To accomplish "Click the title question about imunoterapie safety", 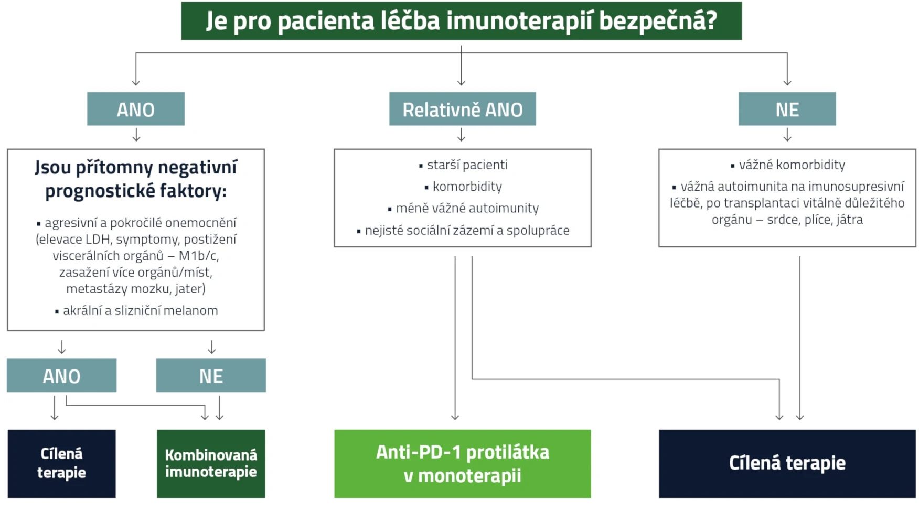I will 461,21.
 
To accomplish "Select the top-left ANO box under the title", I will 135,109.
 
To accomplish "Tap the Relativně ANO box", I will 462,109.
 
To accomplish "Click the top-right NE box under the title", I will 787,109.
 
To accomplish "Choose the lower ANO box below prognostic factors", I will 61,375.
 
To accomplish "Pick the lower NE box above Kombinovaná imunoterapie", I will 211,375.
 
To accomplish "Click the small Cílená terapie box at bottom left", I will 61,463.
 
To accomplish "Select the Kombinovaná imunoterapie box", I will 211,463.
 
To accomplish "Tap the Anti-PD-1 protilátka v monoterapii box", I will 462,463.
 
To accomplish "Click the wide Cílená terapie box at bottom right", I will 787,463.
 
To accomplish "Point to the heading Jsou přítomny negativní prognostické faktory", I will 136,179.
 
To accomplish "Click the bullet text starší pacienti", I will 467,165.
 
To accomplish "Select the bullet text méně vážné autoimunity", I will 467,208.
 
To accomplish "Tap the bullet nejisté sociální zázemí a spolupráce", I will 467,230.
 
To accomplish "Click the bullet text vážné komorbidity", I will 792,165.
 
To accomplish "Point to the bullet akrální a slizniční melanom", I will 140,310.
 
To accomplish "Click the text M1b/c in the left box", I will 199,256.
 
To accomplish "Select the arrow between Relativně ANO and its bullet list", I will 461,136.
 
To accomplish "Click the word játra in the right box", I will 850,220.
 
